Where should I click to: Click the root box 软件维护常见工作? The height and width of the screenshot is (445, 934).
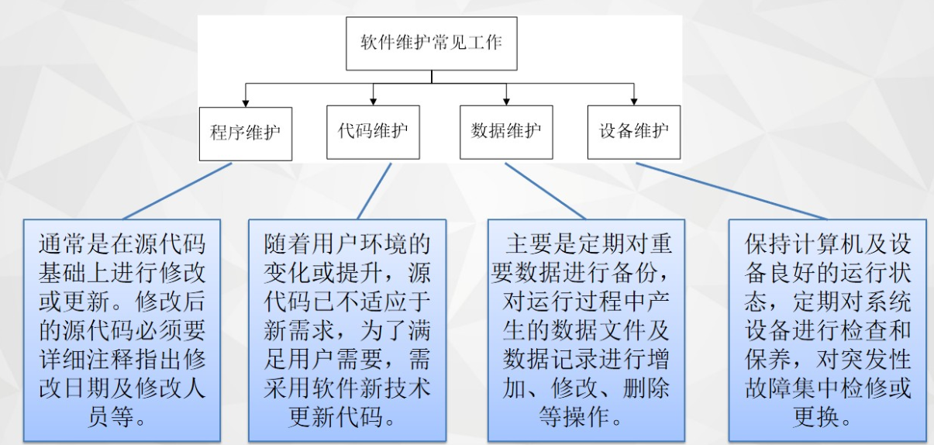point(431,43)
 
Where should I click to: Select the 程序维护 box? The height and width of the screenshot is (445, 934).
point(245,133)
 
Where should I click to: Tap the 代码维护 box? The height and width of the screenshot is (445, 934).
point(373,131)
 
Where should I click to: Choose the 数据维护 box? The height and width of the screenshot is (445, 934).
point(506,131)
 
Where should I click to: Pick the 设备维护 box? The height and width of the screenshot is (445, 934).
point(633,131)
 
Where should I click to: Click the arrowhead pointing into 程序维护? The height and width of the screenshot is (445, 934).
point(246,102)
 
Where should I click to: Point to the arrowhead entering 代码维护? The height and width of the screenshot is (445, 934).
point(374,101)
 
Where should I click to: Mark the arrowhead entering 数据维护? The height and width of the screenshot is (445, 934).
point(507,101)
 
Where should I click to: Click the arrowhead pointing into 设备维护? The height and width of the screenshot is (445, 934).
point(634,101)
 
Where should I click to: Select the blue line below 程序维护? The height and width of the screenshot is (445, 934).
point(177,191)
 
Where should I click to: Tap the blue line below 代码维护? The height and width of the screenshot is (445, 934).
point(374,191)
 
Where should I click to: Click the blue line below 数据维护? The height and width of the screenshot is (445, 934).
point(546,191)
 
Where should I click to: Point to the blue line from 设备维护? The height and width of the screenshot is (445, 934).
point(732,191)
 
